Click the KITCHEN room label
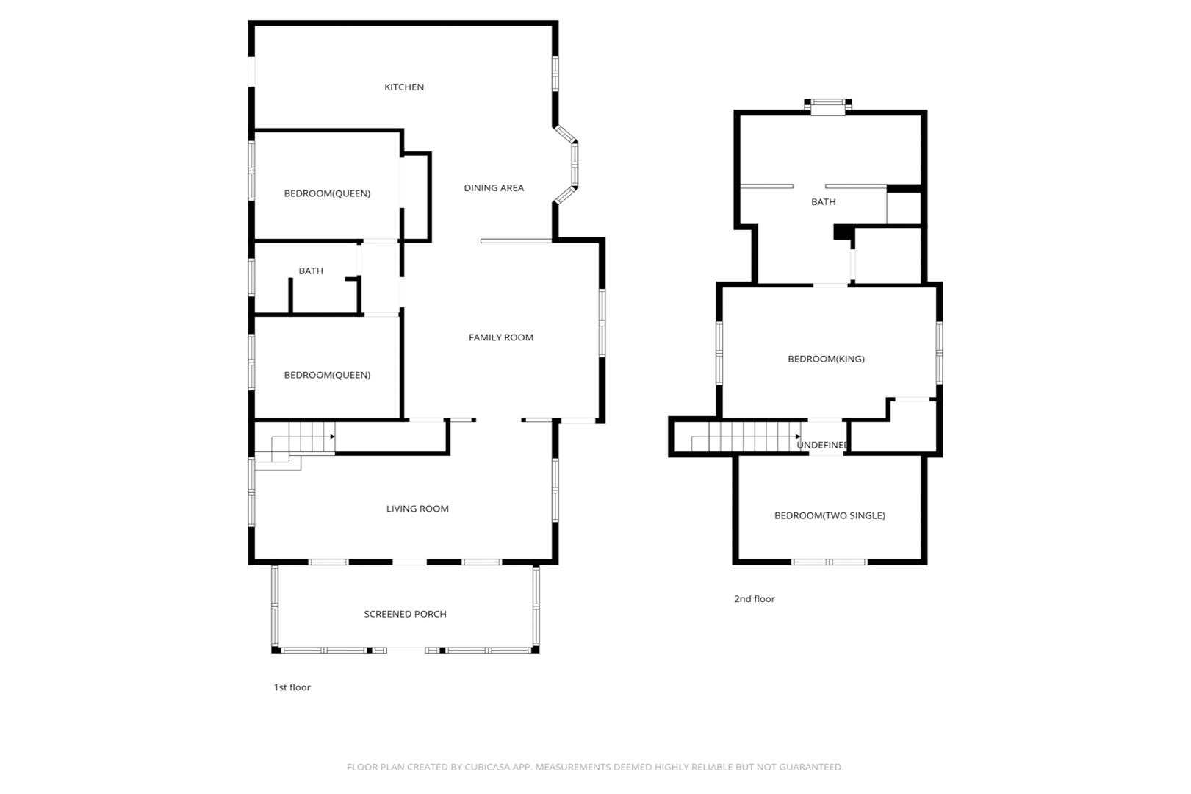404,87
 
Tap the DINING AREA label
494,187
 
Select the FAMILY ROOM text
501,337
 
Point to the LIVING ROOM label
417,508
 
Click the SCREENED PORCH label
405,614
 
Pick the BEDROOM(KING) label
827,359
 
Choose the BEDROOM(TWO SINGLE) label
830,515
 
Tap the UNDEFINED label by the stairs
821,444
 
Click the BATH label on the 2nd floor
823,201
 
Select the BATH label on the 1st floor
311,271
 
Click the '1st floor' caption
292,687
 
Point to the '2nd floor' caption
755,598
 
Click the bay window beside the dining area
568,165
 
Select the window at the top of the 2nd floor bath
828,107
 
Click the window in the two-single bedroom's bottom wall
830,562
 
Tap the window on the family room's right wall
602,323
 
